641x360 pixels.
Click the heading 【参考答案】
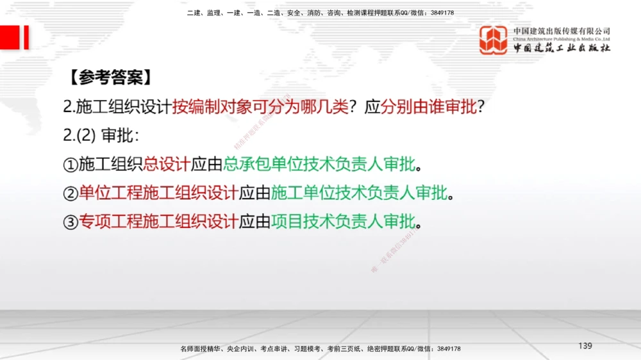110,78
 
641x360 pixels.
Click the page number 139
585,346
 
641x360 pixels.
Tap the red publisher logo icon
494,40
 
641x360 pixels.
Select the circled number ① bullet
70,165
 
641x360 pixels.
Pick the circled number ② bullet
70,193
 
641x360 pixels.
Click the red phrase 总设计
167,165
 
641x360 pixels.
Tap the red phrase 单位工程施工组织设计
158,193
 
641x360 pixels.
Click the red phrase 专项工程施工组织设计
158,222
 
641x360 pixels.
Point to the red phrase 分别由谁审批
429,107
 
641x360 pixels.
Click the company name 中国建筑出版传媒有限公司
562,31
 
